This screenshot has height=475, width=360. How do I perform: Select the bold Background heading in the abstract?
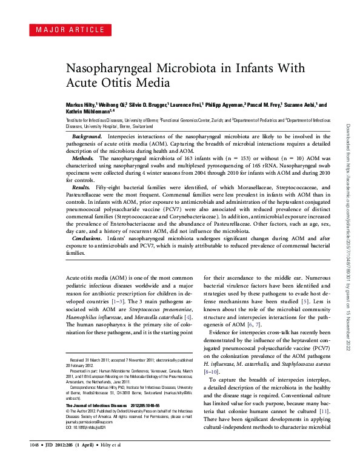[x=87, y=137]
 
